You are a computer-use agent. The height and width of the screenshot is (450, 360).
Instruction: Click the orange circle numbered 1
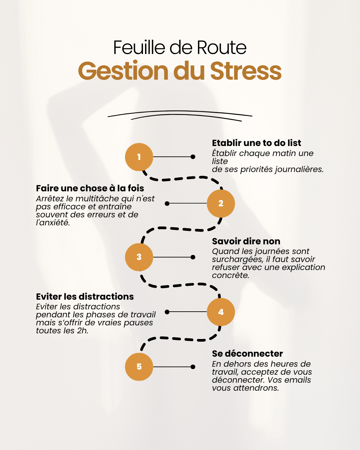point(139,157)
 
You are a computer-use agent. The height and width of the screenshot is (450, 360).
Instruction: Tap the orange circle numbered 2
point(221,203)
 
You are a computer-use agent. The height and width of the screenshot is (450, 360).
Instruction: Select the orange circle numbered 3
point(139,257)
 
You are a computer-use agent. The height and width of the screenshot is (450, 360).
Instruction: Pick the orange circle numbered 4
point(221,312)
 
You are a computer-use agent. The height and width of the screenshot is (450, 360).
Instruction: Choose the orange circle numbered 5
point(139,367)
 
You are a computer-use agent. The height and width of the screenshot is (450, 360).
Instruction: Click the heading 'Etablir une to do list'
point(256,143)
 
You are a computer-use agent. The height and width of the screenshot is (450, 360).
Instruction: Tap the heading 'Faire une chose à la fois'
point(90,188)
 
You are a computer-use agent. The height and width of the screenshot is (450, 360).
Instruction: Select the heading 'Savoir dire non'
point(246,241)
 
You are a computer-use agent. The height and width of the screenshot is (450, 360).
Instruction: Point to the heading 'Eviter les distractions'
point(85,297)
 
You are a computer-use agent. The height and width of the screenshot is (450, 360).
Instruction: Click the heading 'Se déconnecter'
point(247,354)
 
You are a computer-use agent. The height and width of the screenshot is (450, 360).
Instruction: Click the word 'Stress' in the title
point(246,71)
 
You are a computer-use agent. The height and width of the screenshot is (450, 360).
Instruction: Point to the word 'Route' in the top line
point(222,47)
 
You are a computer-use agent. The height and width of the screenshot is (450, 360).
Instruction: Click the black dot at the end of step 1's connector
point(193,157)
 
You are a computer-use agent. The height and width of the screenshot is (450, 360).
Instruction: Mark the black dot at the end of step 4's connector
point(167,312)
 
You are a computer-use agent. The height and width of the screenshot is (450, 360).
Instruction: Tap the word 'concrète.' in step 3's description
point(230,275)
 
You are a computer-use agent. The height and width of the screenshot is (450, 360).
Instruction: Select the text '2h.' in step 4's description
point(83,331)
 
